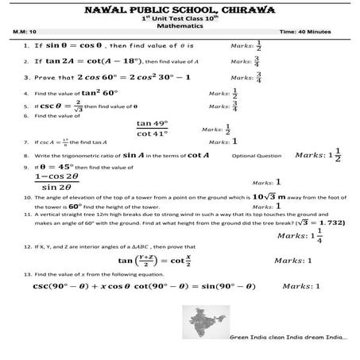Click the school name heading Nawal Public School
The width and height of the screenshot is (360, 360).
(x=180, y=10)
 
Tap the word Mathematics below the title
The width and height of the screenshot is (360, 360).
(x=180, y=26)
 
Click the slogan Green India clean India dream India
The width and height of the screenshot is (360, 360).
(x=288, y=337)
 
